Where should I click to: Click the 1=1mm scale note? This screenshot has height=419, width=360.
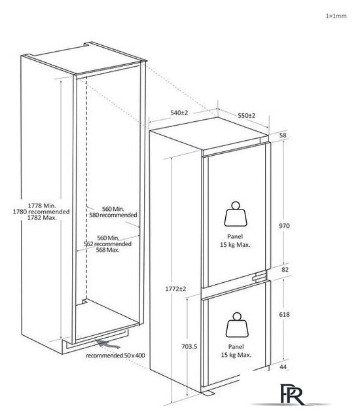click(336, 16)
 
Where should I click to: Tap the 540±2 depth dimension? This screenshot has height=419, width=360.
click(179, 113)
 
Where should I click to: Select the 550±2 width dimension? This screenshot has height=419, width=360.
click(247, 116)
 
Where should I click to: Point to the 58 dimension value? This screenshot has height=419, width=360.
click(283, 136)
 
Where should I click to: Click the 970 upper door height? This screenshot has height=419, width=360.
click(284, 226)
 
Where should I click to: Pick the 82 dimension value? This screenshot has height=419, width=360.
click(285, 270)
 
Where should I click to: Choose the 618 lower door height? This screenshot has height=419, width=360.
click(284, 315)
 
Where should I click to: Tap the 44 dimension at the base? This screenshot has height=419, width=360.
click(283, 367)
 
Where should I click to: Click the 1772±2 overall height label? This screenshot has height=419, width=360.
click(175, 289)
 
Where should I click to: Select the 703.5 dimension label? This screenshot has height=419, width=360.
click(189, 346)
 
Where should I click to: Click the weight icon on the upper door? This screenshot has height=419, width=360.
click(235, 214)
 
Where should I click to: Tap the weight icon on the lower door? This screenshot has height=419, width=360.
click(237, 325)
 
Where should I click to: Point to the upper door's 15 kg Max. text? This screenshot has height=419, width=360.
click(235, 245)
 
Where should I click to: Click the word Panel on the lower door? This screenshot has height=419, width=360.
click(236, 347)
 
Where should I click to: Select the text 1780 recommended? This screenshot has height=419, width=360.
click(41, 211)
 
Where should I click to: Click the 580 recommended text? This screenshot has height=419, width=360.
click(113, 215)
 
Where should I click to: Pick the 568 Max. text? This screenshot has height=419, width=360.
click(107, 250)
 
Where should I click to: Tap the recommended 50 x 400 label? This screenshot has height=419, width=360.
click(115, 355)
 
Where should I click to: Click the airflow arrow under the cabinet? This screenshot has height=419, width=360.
click(108, 344)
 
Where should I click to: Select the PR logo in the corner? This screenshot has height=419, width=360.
click(292, 394)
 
